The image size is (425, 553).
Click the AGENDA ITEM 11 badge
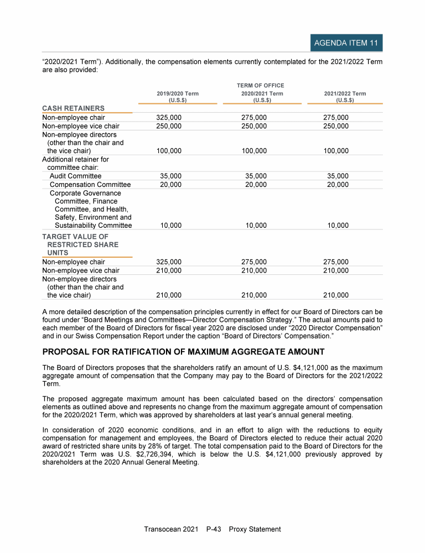(x=346, y=43)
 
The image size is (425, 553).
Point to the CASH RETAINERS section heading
(x=74, y=108)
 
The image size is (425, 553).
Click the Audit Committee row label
(x=75, y=176)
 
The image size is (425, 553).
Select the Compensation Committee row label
(x=90, y=185)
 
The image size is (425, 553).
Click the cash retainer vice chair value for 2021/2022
(x=336, y=126)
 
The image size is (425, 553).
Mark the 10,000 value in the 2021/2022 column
(x=338, y=226)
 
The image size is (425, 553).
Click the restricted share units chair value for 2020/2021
(x=254, y=262)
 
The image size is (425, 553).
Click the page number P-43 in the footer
(x=213, y=529)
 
